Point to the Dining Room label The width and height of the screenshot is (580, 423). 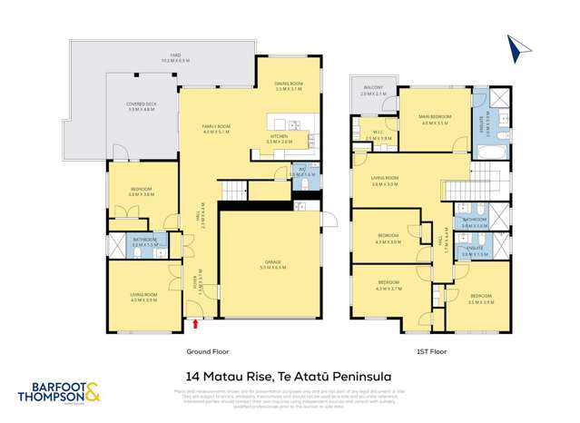coord(289,86)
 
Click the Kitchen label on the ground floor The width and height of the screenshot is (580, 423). coord(279,139)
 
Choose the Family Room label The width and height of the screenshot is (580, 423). coord(217,130)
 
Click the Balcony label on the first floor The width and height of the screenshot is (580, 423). coord(372,92)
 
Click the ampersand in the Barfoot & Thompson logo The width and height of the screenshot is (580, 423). coord(93,394)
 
